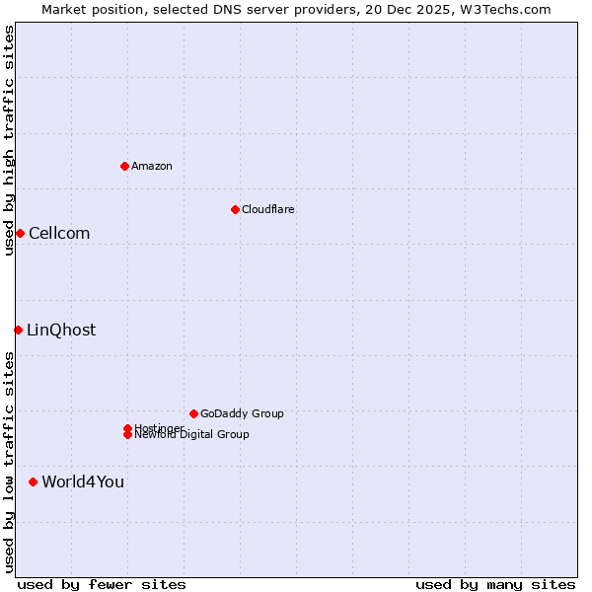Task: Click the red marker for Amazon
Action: tap(124, 166)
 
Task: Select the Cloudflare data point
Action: tap(235, 209)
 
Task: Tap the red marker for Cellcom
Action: tap(20, 233)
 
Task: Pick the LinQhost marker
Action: tap(18, 330)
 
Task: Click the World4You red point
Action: tap(34, 481)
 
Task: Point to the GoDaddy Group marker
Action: tap(193, 413)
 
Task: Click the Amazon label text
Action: tap(152, 166)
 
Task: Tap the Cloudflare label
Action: tap(268, 209)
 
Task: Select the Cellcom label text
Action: tap(59, 233)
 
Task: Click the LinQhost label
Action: tap(61, 330)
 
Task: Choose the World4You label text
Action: tap(83, 481)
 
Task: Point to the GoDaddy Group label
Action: tap(242, 413)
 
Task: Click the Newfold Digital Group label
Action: tap(192, 435)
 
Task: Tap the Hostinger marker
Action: tap(127, 428)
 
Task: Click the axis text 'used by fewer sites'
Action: tap(102, 584)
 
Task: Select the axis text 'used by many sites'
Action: tap(495, 584)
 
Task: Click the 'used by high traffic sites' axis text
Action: tap(9, 140)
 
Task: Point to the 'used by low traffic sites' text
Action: tap(9, 462)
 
